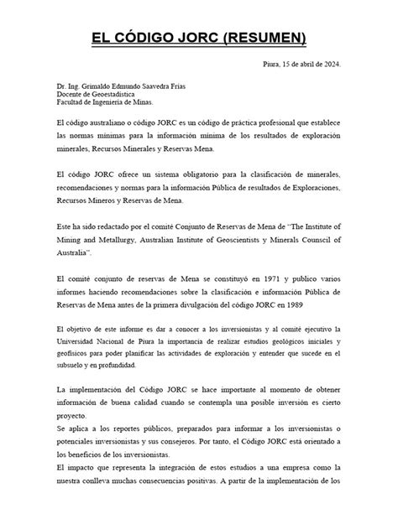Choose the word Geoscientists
(x=239, y=239)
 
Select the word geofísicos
(x=74, y=353)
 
